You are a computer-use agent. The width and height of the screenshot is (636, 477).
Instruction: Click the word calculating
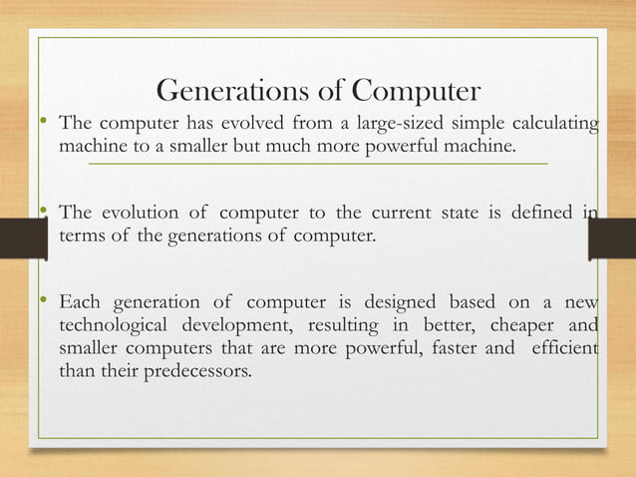point(549,124)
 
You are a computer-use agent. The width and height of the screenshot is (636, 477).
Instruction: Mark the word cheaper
point(504,325)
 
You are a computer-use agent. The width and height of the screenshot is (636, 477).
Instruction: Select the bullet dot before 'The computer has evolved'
point(43,123)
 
